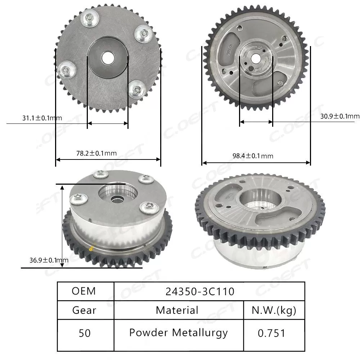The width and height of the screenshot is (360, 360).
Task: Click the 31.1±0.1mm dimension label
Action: pyautogui.click(x=37, y=117)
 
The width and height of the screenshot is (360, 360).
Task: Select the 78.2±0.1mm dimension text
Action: pyautogui.click(x=96, y=153)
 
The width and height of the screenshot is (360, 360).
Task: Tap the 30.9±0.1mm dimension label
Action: pyautogui.click(x=339, y=116)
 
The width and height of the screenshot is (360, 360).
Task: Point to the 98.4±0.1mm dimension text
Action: pyautogui.click(x=253, y=156)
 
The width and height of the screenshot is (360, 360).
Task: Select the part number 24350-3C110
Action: pyautogui.click(x=200, y=291)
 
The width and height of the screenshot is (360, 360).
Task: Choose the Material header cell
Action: pyautogui.click(x=177, y=310)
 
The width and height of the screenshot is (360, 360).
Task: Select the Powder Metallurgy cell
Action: pyautogui.click(x=178, y=333)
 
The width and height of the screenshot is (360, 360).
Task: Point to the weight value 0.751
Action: pyautogui.click(x=271, y=333)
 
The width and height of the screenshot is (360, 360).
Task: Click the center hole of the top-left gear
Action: pyautogui.click(x=107, y=57)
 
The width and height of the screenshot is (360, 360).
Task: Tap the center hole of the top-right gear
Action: pyautogui.click(x=256, y=58)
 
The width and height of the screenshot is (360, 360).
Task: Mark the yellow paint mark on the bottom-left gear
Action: pyautogui.click(x=91, y=248)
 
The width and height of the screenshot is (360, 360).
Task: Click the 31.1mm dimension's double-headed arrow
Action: pyautogui.click(x=108, y=123)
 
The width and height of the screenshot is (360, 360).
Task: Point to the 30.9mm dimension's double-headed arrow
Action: pyautogui.click(x=256, y=122)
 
